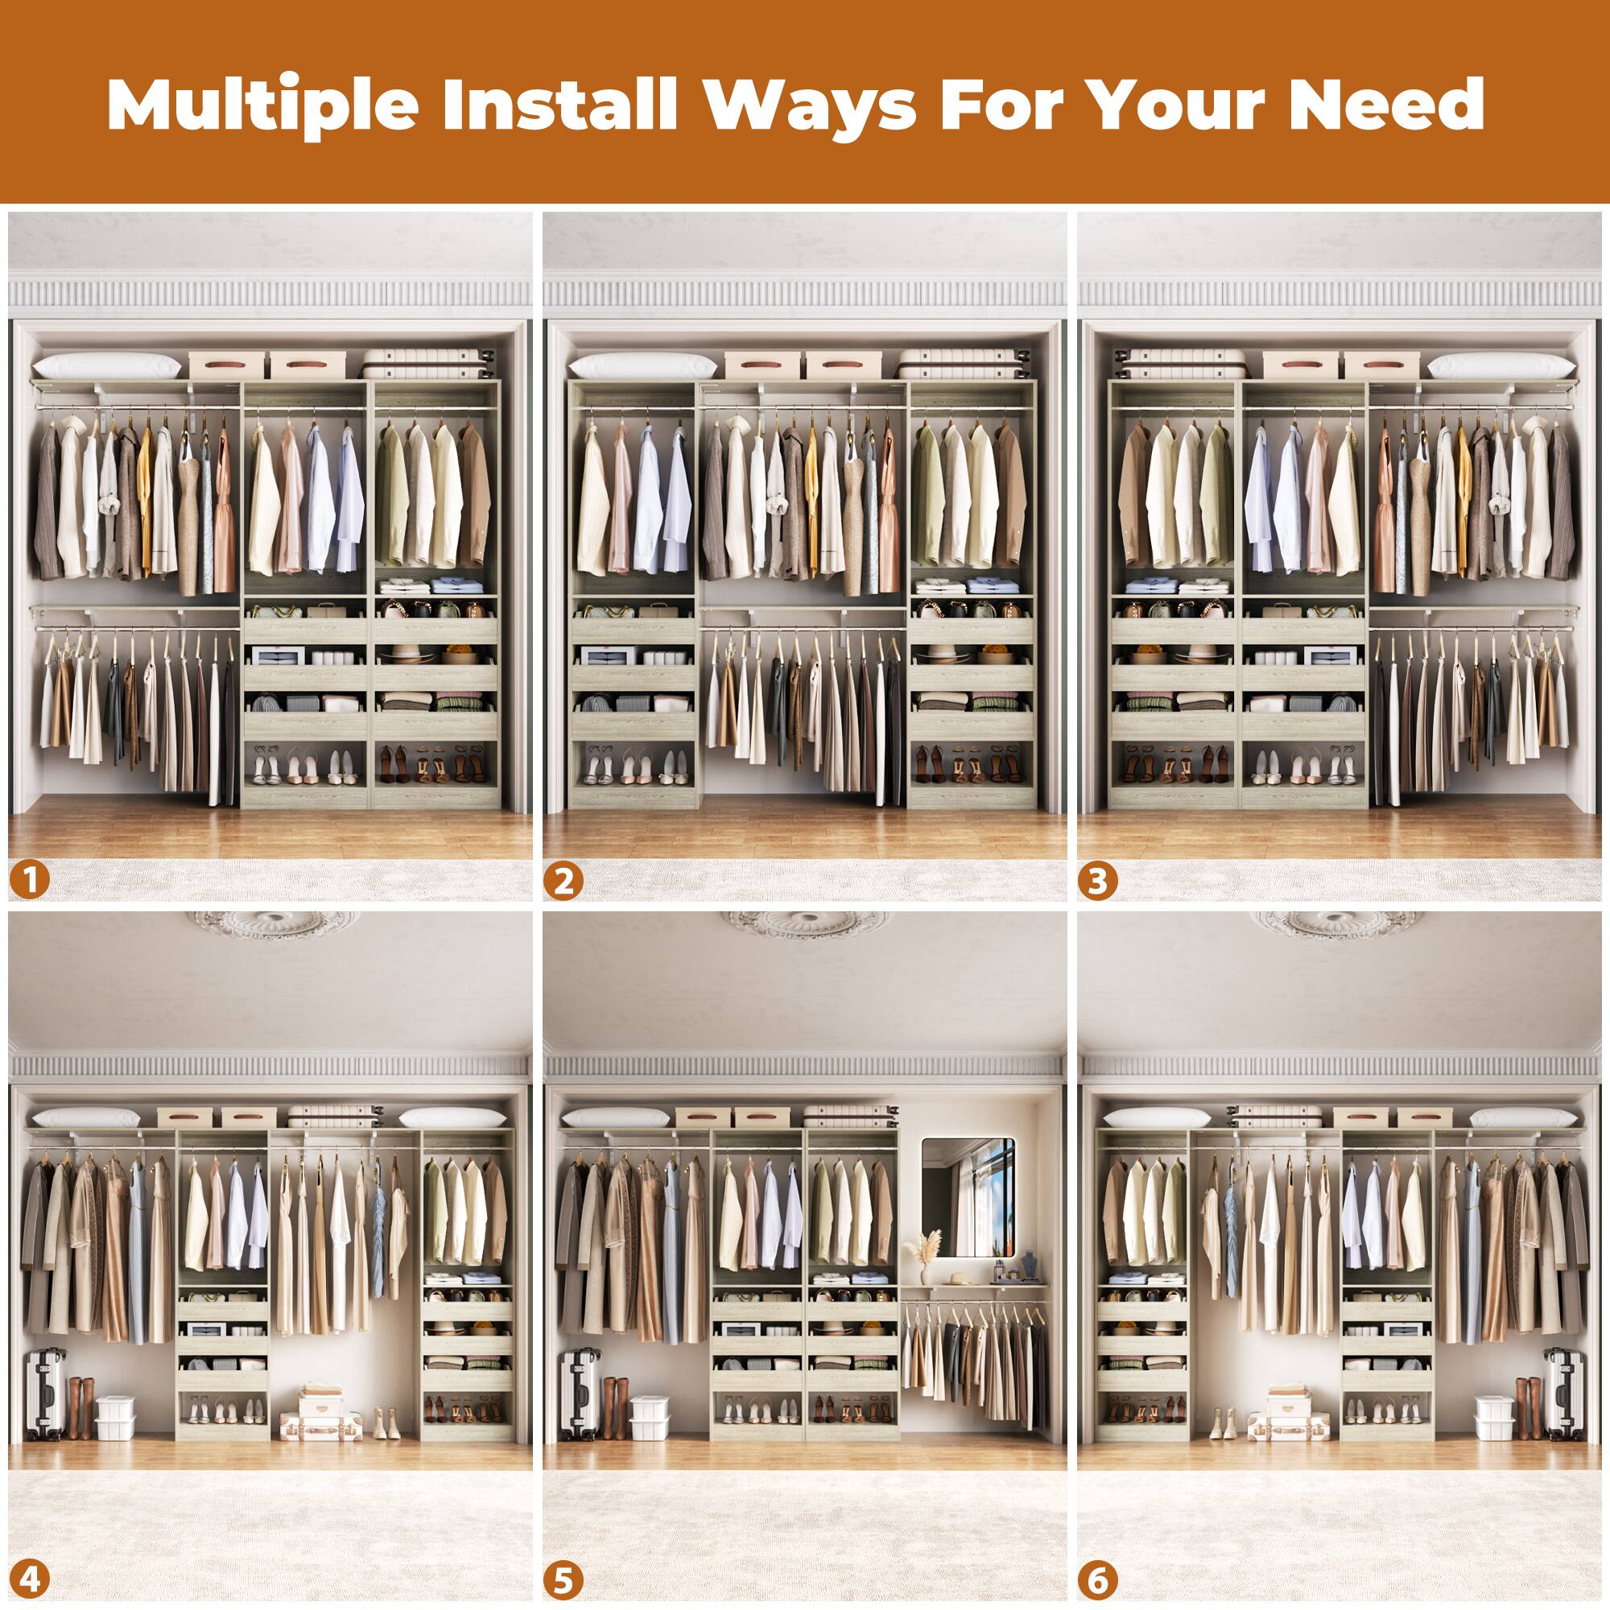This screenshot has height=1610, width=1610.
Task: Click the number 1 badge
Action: pyautogui.click(x=31, y=881)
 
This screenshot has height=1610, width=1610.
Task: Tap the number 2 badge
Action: pyautogui.click(x=563, y=881)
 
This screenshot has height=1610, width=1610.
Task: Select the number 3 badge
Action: pyautogui.click(x=1097, y=881)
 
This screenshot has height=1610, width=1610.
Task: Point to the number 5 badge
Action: pyautogui.click(x=563, y=1579)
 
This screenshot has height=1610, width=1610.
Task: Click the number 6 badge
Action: pyautogui.click(x=1097, y=1579)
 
